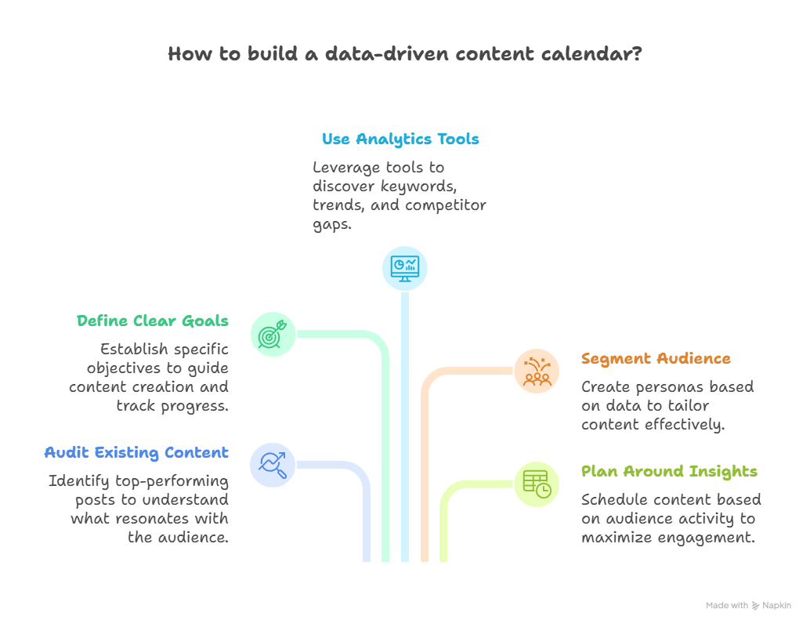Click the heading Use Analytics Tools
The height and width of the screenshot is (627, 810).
(400, 140)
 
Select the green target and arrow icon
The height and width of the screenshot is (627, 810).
(273, 335)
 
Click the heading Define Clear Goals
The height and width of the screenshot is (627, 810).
(153, 321)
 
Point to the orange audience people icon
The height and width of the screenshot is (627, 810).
(537, 371)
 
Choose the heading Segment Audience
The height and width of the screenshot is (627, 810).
(656, 359)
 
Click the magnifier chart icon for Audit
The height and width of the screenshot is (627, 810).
(273, 464)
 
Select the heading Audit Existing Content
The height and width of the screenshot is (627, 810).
(136, 452)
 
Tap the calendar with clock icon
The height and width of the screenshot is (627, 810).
(537, 484)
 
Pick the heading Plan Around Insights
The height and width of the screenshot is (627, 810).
(669, 471)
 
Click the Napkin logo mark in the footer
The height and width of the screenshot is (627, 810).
(756, 605)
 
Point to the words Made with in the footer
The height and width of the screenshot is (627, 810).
(726, 605)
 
